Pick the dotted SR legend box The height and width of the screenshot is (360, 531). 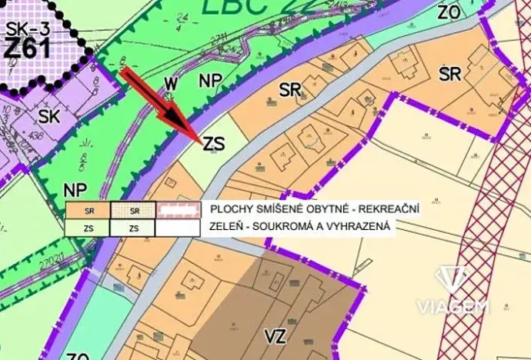tap(133, 210)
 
